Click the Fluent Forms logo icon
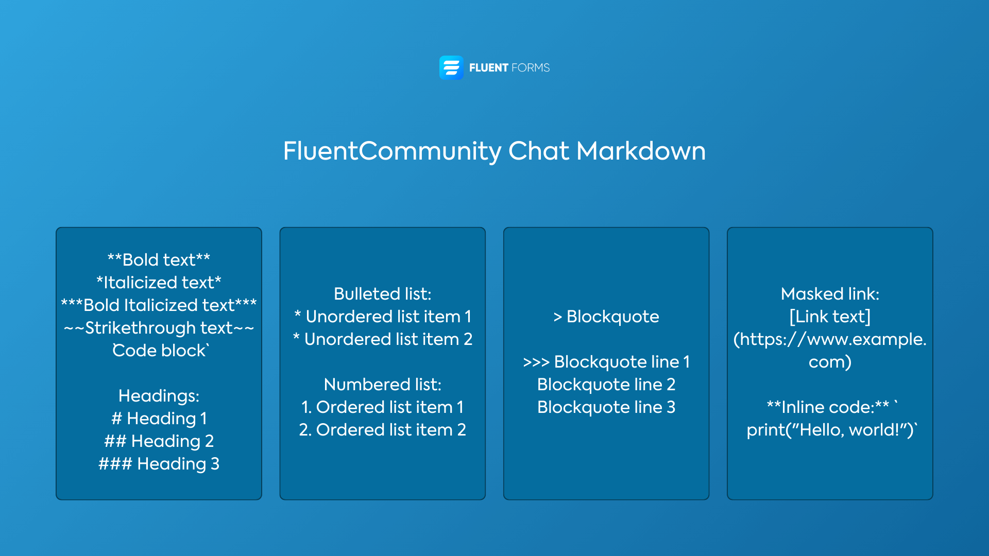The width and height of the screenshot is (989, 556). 451,67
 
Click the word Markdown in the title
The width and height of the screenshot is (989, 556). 641,151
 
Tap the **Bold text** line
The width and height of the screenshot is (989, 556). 159,260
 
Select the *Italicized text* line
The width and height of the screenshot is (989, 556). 159,283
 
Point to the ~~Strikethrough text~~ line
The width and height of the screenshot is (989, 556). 159,328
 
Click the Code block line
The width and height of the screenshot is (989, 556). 160,351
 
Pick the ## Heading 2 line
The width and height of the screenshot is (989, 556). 159,441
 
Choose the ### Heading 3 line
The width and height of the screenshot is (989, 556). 159,464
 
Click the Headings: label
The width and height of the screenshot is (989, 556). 159,396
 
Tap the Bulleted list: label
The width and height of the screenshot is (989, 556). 382,294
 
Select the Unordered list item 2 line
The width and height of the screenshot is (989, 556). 382,339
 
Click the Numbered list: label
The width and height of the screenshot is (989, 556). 382,385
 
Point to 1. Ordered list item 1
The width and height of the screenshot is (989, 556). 382,407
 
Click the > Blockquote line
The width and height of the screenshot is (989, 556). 606,317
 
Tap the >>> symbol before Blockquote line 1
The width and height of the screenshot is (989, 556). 536,362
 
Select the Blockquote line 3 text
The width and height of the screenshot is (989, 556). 606,407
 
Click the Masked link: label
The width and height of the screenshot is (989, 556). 830,294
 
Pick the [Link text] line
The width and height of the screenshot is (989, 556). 830,317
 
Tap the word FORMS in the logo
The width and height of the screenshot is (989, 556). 531,68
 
